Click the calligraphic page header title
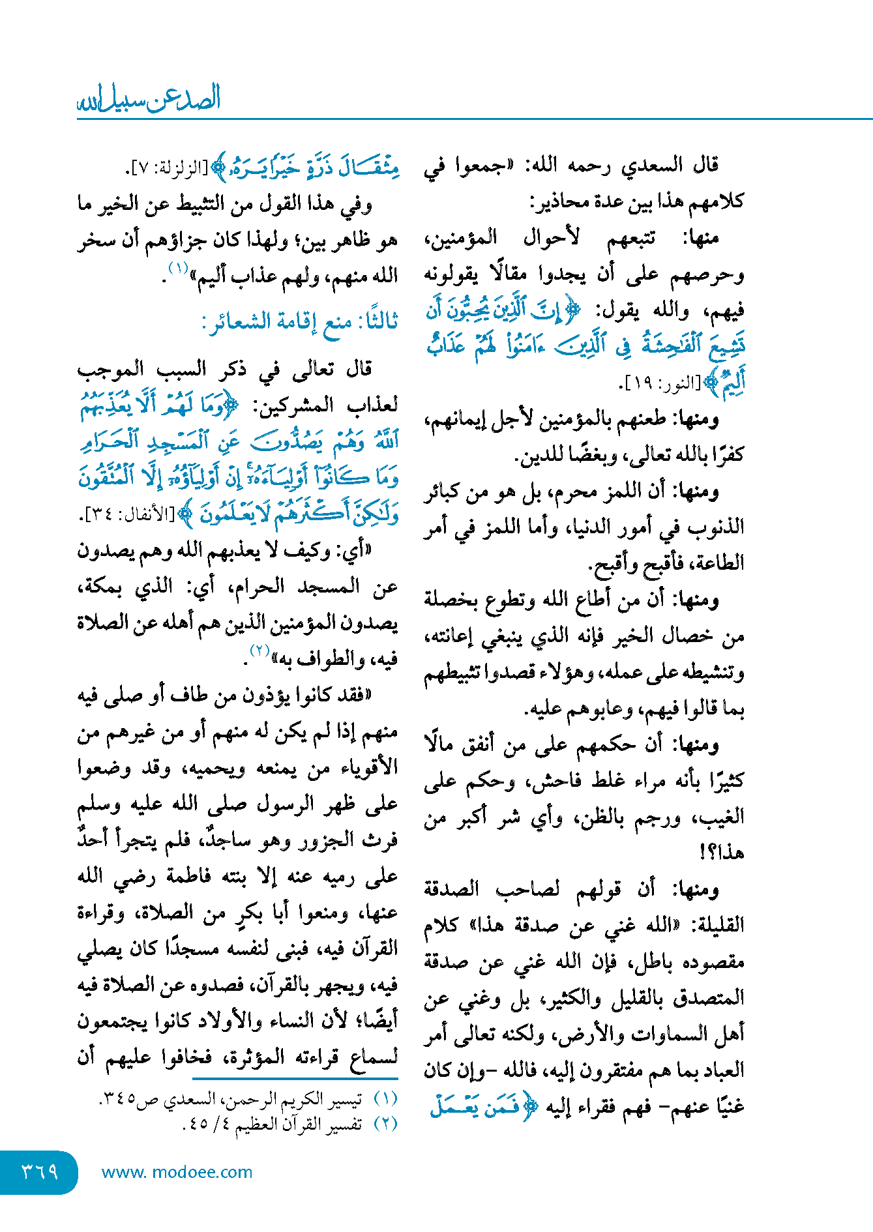coord(149,98)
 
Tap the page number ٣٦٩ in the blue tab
coord(40,1172)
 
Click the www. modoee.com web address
coord(177,1172)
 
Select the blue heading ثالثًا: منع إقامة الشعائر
coord(301,321)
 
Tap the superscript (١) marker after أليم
coord(178,268)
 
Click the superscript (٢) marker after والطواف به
coord(260,651)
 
